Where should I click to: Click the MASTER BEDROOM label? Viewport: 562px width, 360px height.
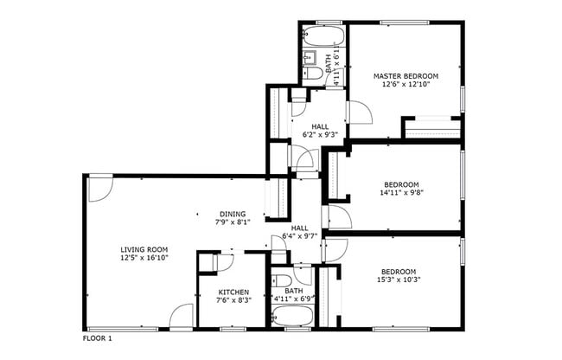coord(406,76)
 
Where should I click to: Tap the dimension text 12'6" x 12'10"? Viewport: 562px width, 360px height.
coord(406,85)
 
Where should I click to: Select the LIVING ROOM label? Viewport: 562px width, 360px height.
coord(144,249)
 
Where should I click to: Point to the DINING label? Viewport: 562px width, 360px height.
coord(232,214)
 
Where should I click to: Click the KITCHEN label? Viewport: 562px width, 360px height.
coord(232,292)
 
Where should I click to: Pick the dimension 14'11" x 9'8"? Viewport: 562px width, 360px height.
coord(401,194)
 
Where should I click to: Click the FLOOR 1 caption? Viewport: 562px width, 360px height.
coord(98,338)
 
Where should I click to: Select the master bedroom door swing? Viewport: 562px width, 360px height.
coord(359,112)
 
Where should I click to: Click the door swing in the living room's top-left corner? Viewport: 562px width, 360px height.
coord(100,188)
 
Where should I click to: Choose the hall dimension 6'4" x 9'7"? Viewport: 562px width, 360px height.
coord(300,235)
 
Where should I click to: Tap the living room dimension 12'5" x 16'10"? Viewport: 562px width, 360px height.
coord(144,258)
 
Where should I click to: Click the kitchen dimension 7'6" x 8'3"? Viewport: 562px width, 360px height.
coord(232,300)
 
